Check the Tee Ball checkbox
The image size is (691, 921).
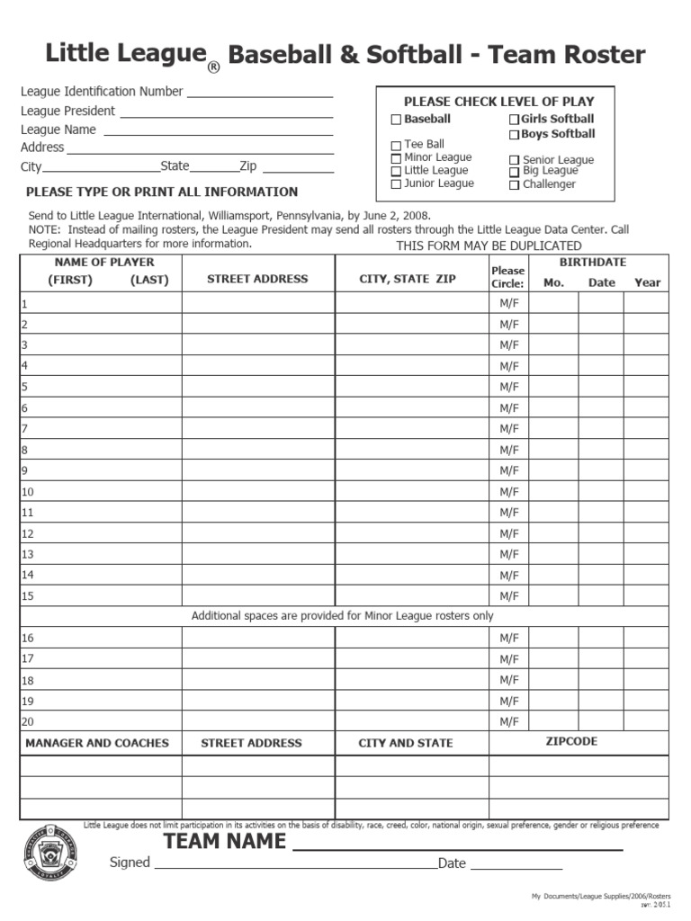coord(396,146)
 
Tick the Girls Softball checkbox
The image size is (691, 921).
coord(515,120)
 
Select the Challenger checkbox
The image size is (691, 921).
coord(515,185)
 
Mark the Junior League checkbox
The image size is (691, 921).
coord(396,184)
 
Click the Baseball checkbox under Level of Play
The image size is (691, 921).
coord(396,120)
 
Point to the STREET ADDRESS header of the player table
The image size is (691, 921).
coord(257,280)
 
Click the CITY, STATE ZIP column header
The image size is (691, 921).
coord(408,280)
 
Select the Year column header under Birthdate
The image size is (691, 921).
coord(647,282)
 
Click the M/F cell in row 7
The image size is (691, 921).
coord(509,429)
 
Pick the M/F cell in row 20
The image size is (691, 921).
coord(509,721)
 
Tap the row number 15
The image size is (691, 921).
coord(27,595)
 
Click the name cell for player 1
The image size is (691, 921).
coord(101,304)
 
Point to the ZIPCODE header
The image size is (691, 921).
coord(571,742)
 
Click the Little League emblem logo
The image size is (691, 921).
coord(49,851)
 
